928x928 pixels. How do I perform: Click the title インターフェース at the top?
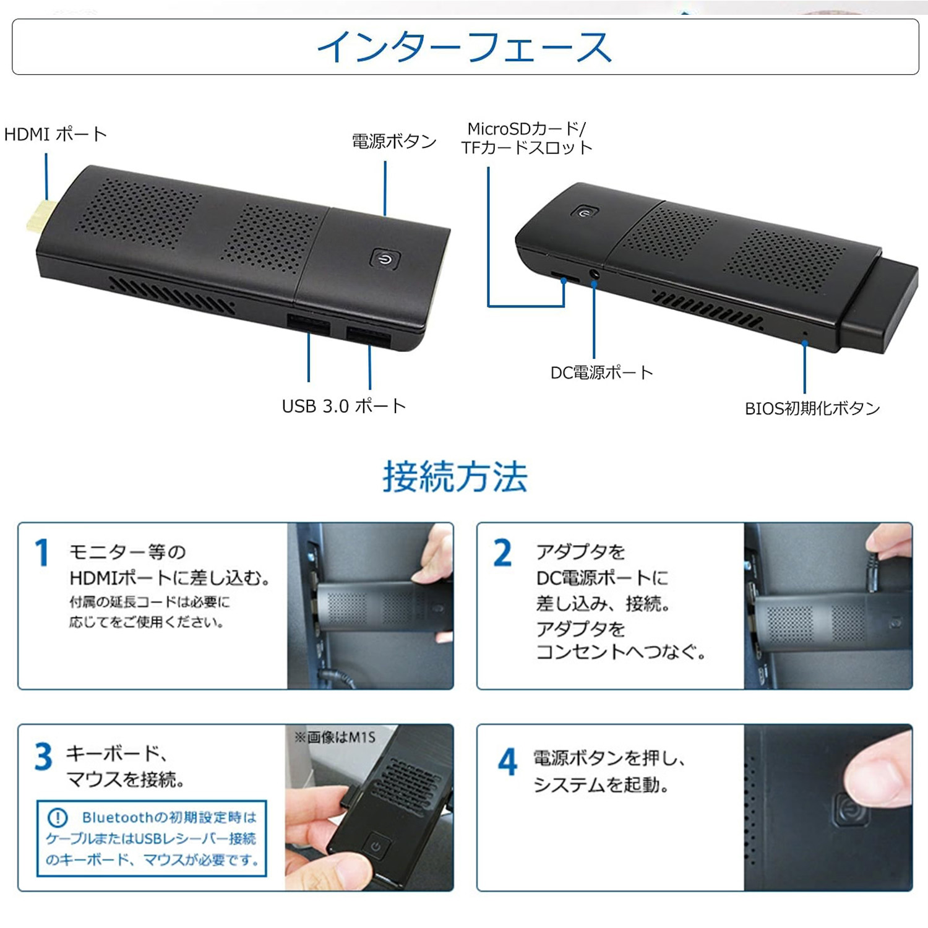click(465, 47)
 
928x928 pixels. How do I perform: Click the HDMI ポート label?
click(56, 134)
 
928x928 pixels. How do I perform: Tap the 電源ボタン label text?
click(394, 141)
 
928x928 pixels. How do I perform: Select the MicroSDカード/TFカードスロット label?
click(526, 138)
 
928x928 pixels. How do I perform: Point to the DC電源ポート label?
click(601, 372)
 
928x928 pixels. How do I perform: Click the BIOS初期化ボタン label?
click(812, 408)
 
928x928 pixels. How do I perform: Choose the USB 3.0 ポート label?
click(344, 406)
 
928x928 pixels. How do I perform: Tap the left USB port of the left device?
click(308, 324)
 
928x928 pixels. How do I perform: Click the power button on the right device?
click(585, 213)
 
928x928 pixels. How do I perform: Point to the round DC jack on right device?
click(595, 274)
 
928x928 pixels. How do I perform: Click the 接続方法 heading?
click(455, 476)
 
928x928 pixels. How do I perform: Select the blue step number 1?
click(42, 552)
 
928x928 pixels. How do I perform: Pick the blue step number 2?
click(502, 552)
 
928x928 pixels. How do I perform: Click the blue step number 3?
click(43, 756)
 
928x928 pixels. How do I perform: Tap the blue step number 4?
click(507, 762)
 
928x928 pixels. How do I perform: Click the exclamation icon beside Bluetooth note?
click(58, 818)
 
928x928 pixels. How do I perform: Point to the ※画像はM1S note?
click(335, 737)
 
